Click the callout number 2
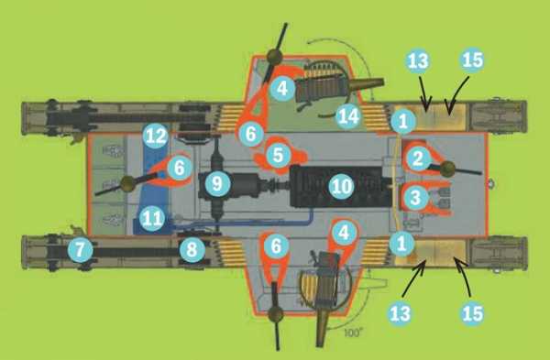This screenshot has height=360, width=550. point(417,158)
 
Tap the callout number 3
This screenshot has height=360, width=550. point(415,197)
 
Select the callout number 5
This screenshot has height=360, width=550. point(278,155)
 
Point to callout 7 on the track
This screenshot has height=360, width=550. point(81,250)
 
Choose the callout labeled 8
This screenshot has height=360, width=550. point(192,250)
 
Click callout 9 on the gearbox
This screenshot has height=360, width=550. point(217,183)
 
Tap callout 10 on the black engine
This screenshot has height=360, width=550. point(341,186)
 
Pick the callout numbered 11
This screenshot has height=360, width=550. point(152,219)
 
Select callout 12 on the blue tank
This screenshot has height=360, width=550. point(156,136)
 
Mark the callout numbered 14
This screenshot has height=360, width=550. point(348,116)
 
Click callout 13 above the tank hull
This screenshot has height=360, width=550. point(418,61)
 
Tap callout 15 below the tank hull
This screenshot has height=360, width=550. point(472,313)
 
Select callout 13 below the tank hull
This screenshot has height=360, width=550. point(400,313)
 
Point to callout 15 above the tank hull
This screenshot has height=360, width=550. point(472,60)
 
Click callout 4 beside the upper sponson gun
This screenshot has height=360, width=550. point(282,88)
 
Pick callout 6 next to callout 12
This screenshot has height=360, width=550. point(180,168)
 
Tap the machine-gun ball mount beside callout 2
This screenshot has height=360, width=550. point(447,169)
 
